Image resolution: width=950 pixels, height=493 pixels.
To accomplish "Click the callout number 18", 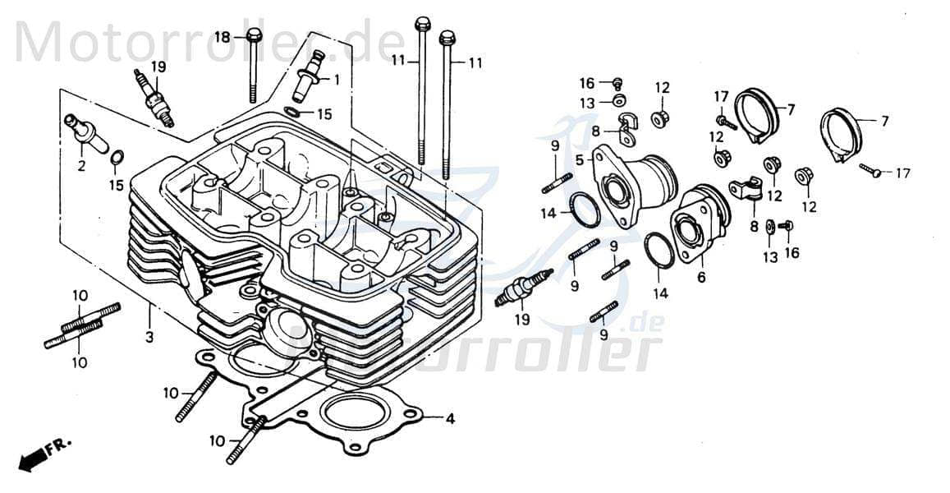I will (223, 37).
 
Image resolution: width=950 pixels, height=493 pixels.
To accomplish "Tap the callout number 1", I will (335, 80).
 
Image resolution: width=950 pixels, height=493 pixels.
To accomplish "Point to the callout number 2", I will (81, 166).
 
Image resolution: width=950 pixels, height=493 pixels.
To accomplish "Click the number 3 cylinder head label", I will (149, 338).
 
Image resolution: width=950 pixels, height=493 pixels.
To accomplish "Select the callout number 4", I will (449, 418).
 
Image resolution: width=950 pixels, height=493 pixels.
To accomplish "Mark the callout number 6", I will (700, 278).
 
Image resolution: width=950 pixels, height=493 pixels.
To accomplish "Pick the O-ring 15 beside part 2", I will (117, 158).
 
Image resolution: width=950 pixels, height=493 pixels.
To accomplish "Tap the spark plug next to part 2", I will (155, 98).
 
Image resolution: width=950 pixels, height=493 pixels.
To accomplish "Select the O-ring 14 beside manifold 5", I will (585, 210).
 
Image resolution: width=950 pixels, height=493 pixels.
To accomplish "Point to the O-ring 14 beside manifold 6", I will (659, 250).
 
